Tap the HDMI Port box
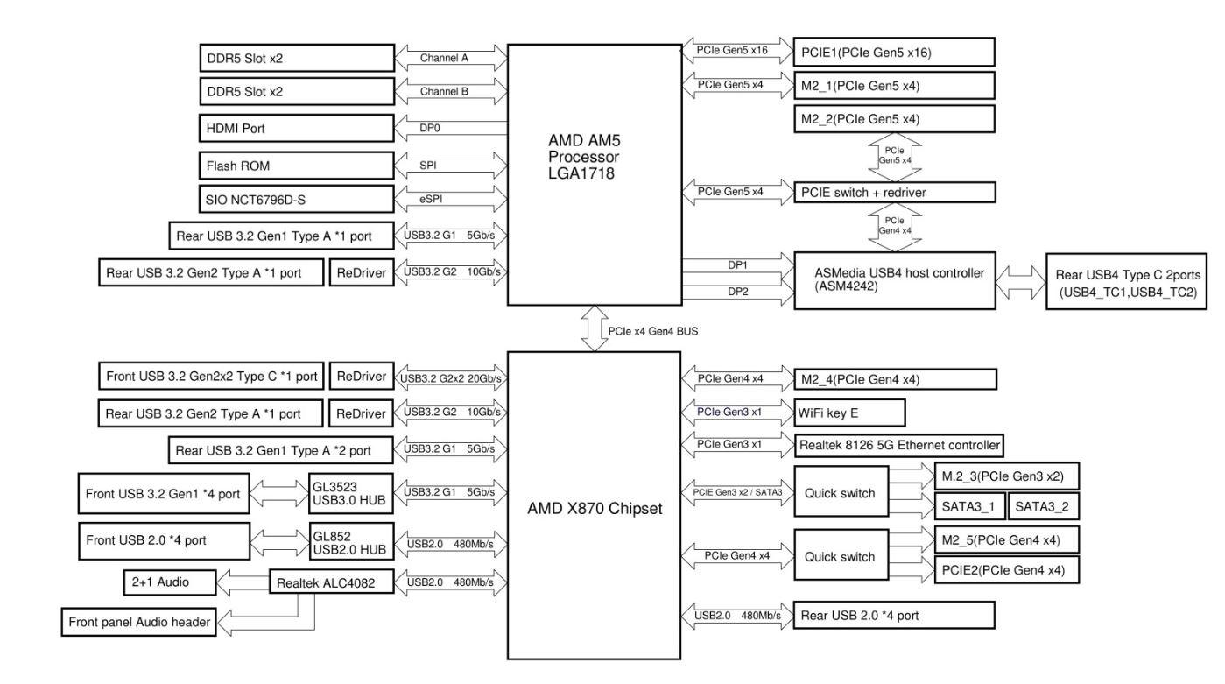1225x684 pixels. pos(296,128)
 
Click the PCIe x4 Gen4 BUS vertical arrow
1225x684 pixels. pos(595,328)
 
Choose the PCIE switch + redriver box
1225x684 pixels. pos(894,191)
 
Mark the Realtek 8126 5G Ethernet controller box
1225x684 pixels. pos(898,444)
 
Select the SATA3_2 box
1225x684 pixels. pos(1043,505)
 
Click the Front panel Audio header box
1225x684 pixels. pos(139,623)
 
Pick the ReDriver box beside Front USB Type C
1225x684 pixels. pos(361,377)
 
